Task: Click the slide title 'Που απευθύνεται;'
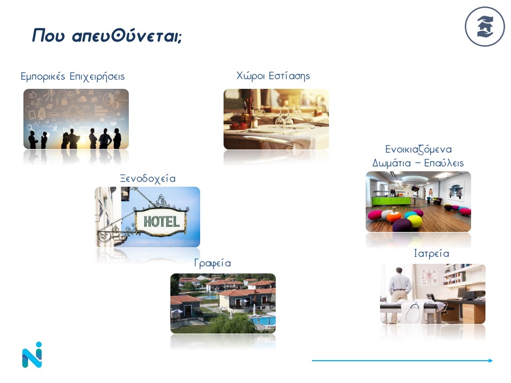point(107,36)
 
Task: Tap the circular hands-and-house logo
point(484,27)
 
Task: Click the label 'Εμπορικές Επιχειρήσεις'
point(73,77)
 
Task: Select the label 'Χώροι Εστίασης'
point(273,76)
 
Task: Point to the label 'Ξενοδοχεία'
point(147,179)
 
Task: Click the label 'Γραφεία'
point(212,263)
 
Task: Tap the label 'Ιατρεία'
point(432,253)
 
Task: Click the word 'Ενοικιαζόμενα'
point(418,149)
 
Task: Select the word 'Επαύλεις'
point(444,163)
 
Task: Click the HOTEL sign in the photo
point(161,222)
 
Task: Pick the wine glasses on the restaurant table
point(284,118)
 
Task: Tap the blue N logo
point(32,355)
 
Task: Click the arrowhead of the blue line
point(490,361)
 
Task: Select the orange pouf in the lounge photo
point(394,217)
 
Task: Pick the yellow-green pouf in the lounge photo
point(415,222)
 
